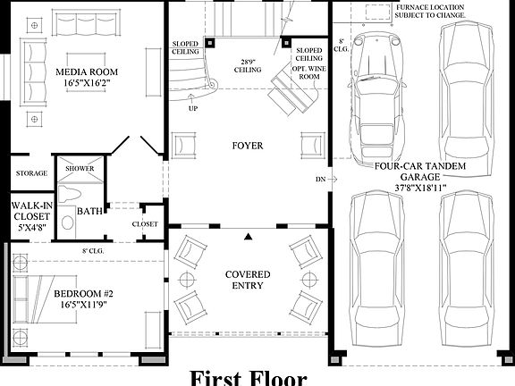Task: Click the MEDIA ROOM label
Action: click(x=89, y=71)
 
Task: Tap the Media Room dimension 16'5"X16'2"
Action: click(x=89, y=84)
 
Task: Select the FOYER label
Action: click(x=248, y=146)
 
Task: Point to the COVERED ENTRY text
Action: click(x=248, y=280)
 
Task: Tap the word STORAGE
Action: click(x=31, y=173)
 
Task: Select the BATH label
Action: click(x=89, y=211)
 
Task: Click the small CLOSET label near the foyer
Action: click(x=145, y=223)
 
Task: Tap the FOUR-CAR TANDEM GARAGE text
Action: click(x=418, y=170)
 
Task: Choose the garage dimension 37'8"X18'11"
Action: click(x=418, y=188)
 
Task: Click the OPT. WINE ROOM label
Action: click(x=309, y=68)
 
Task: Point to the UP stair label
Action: click(x=192, y=109)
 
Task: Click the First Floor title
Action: click(x=248, y=377)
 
